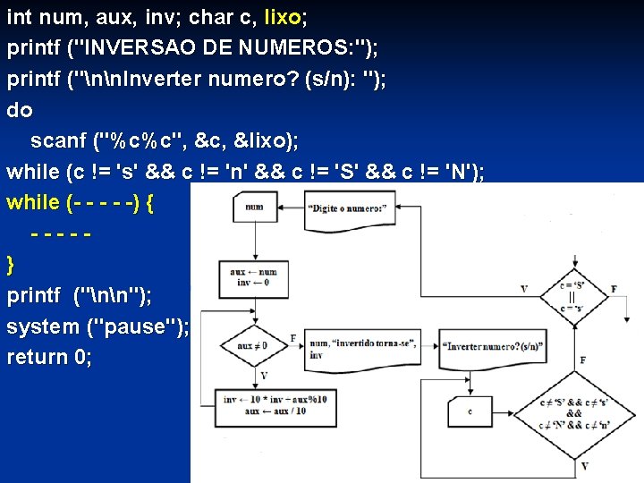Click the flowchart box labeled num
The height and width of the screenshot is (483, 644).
[255, 208]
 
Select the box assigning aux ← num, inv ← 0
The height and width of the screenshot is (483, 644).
[254, 277]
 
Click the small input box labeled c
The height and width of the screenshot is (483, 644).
[470, 411]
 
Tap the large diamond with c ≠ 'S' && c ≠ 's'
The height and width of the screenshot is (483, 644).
[573, 413]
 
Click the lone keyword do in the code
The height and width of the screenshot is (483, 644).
[19, 111]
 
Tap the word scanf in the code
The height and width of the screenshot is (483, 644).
[58, 141]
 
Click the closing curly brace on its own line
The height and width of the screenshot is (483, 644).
[11, 265]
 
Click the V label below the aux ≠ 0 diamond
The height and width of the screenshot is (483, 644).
[263, 375]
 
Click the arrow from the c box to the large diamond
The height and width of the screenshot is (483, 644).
[514, 412]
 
